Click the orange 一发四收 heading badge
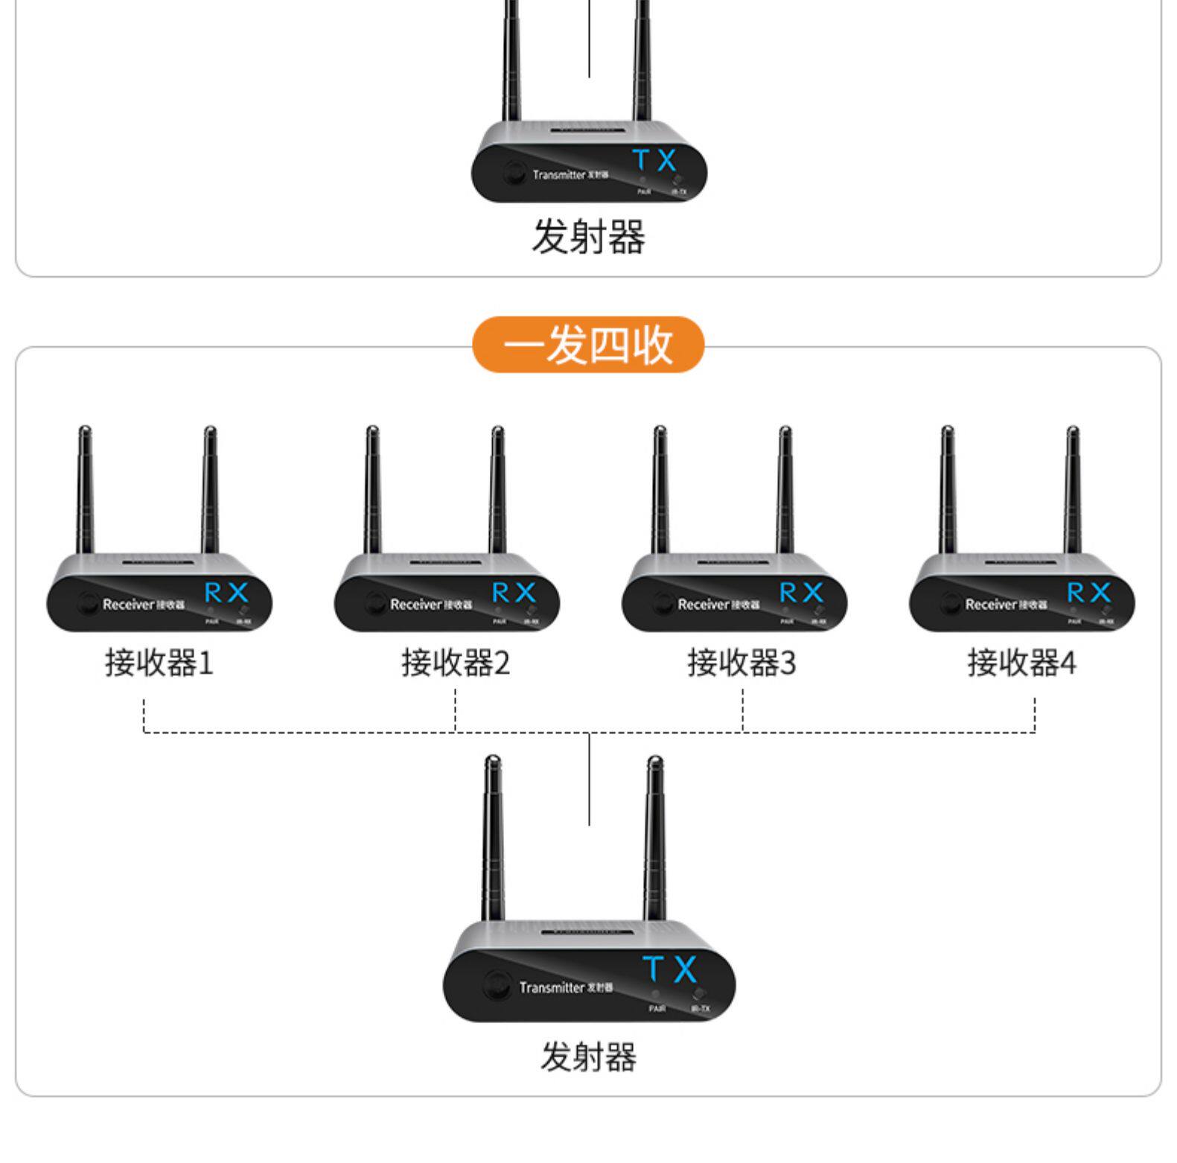click(x=588, y=345)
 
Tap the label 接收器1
click(x=159, y=662)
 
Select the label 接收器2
click(x=456, y=662)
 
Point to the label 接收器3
click(x=741, y=662)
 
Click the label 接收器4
click(x=1021, y=662)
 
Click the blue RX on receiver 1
click(x=226, y=593)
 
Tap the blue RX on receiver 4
click(x=1088, y=593)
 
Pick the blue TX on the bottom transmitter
click(x=670, y=969)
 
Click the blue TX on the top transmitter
click(x=654, y=160)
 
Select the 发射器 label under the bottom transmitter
click(x=588, y=1057)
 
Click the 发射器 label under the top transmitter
click(x=588, y=238)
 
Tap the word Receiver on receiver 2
click(x=415, y=605)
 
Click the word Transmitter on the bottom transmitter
click(x=552, y=987)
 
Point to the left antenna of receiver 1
click(x=85, y=491)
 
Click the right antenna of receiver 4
click(x=1072, y=491)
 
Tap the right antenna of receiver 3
click(x=785, y=491)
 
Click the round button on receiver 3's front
click(x=663, y=604)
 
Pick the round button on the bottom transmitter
click(x=495, y=985)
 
